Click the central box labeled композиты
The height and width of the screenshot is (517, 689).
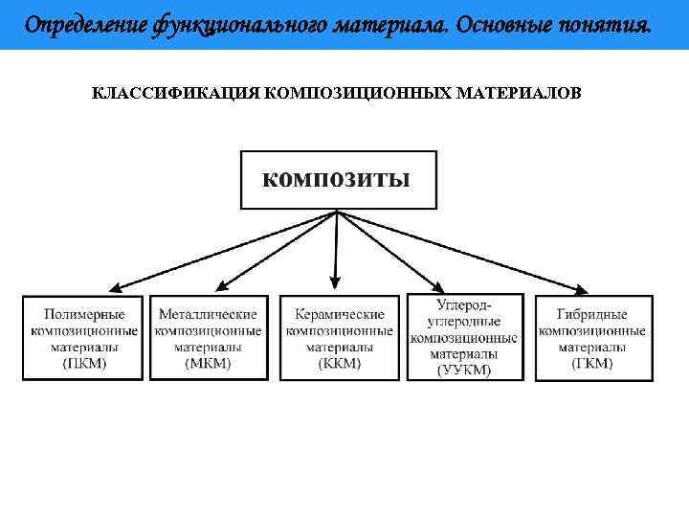click(x=338, y=179)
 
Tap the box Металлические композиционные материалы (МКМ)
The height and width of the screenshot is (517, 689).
click(x=209, y=338)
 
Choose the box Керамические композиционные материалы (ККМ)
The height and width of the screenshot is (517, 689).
click(x=340, y=338)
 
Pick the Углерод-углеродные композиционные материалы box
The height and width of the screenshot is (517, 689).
click(x=464, y=337)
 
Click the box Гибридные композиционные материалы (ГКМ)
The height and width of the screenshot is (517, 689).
click(x=592, y=338)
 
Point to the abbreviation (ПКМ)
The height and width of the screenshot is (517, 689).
click(x=84, y=364)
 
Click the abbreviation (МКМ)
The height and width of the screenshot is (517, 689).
click(x=209, y=364)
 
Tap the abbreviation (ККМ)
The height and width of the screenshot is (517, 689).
click(x=340, y=364)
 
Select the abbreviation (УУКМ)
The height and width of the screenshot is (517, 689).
click(x=464, y=371)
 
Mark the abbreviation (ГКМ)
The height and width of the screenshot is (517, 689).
click(x=592, y=364)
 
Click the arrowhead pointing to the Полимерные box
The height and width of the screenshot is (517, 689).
click(x=112, y=288)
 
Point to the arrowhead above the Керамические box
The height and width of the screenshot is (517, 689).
click(x=335, y=282)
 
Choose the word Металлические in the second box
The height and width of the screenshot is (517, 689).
click(x=209, y=314)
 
